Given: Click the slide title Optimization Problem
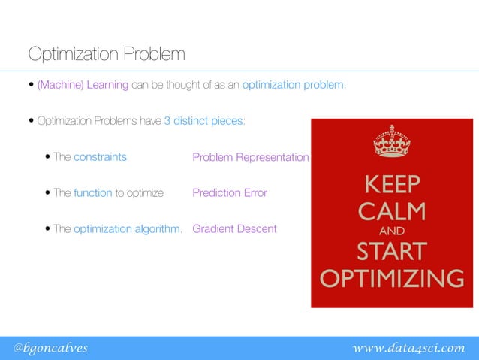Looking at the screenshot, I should point(106,55).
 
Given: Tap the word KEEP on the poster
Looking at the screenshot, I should point(391,184).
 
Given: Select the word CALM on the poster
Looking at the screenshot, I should point(391,210).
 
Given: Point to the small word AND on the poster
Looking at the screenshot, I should point(391,231).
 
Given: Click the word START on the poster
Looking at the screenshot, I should point(391,250).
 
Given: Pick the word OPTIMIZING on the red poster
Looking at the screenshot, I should point(391,279).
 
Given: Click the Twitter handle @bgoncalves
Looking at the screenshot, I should point(50,347).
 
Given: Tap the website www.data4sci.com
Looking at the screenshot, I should point(408,347).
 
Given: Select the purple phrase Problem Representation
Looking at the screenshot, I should point(250,158).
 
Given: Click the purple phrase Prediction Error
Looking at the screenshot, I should point(229,193).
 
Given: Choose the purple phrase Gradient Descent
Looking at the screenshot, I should point(234,229).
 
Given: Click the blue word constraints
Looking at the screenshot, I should point(100,158).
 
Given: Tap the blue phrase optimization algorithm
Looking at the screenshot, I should point(128,229).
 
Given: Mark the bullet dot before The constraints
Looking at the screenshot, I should point(48,158).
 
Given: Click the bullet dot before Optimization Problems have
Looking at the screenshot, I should point(32,121).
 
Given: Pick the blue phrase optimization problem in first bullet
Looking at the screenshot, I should point(294,85).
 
